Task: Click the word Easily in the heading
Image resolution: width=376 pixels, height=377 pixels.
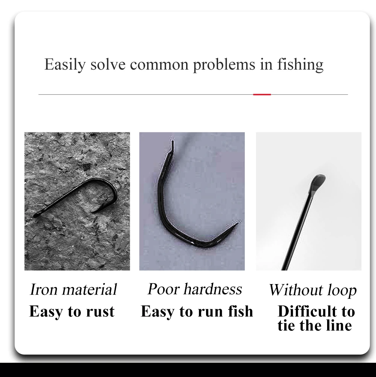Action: (65, 64)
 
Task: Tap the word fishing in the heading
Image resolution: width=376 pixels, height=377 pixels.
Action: (300, 64)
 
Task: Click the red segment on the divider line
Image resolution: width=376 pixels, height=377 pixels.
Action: (262, 94)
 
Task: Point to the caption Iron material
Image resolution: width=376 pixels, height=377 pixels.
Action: (73, 289)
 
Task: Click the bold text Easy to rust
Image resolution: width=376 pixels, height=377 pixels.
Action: (72, 312)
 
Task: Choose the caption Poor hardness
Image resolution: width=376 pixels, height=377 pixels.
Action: (195, 289)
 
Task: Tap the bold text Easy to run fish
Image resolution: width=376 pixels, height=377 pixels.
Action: (197, 312)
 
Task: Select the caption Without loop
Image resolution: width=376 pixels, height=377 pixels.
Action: (313, 290)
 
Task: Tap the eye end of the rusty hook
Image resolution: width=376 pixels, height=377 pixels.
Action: (36, 215)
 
